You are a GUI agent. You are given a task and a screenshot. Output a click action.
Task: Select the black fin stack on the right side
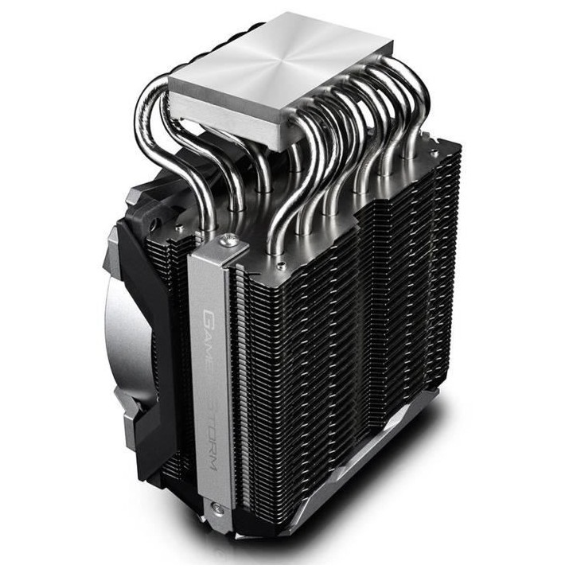click(398, 302)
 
